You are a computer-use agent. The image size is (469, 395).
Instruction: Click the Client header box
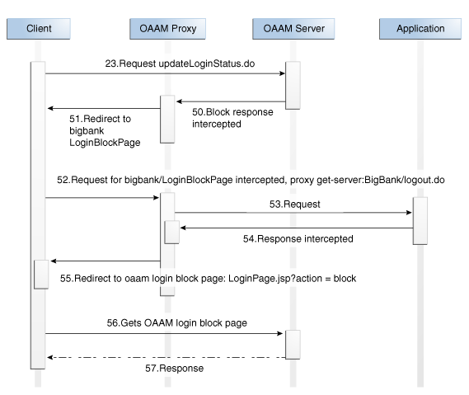tap(38, 29)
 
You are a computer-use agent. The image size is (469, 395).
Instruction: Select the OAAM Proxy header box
tap(167, 29)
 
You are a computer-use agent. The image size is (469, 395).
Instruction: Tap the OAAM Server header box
tap(293, 29)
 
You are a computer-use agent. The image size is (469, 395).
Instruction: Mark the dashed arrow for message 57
tap(166, 357)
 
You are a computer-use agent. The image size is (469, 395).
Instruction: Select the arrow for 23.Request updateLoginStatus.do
tap(166, 73)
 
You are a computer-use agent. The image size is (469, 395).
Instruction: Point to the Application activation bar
tap(420, 220)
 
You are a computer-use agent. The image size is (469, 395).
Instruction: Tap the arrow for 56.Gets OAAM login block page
tap(166, 334)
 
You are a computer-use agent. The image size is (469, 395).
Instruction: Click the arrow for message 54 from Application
tap(297, 227)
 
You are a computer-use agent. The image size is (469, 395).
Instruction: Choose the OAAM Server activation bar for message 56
tap(293, 344)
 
